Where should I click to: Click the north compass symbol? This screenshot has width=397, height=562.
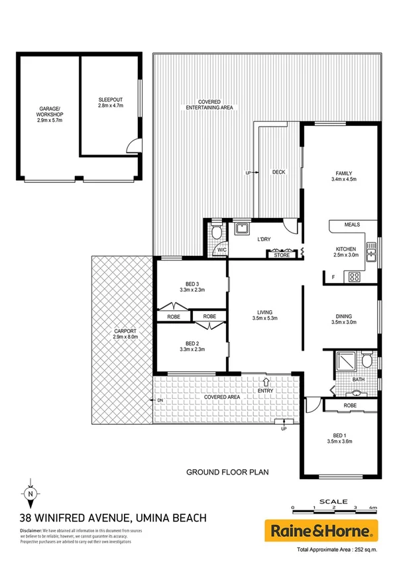pyautogui.click(x=30, y=494)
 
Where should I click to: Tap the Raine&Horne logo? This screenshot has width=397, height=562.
pyautogui.click(x=321, y=530)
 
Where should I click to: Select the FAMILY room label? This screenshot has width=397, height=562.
pyautogui.click(x=344, y=177)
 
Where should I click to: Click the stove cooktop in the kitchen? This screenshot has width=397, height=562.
pyautogui.click(x=353, y=277)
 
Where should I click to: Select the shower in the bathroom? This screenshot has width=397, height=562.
pyautogui.click(x=345, y=361)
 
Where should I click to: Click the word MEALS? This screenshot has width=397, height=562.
pyautogui.click(x=352, y=225)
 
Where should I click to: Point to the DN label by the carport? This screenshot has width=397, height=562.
pyautogui.click(x=160, y=400)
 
